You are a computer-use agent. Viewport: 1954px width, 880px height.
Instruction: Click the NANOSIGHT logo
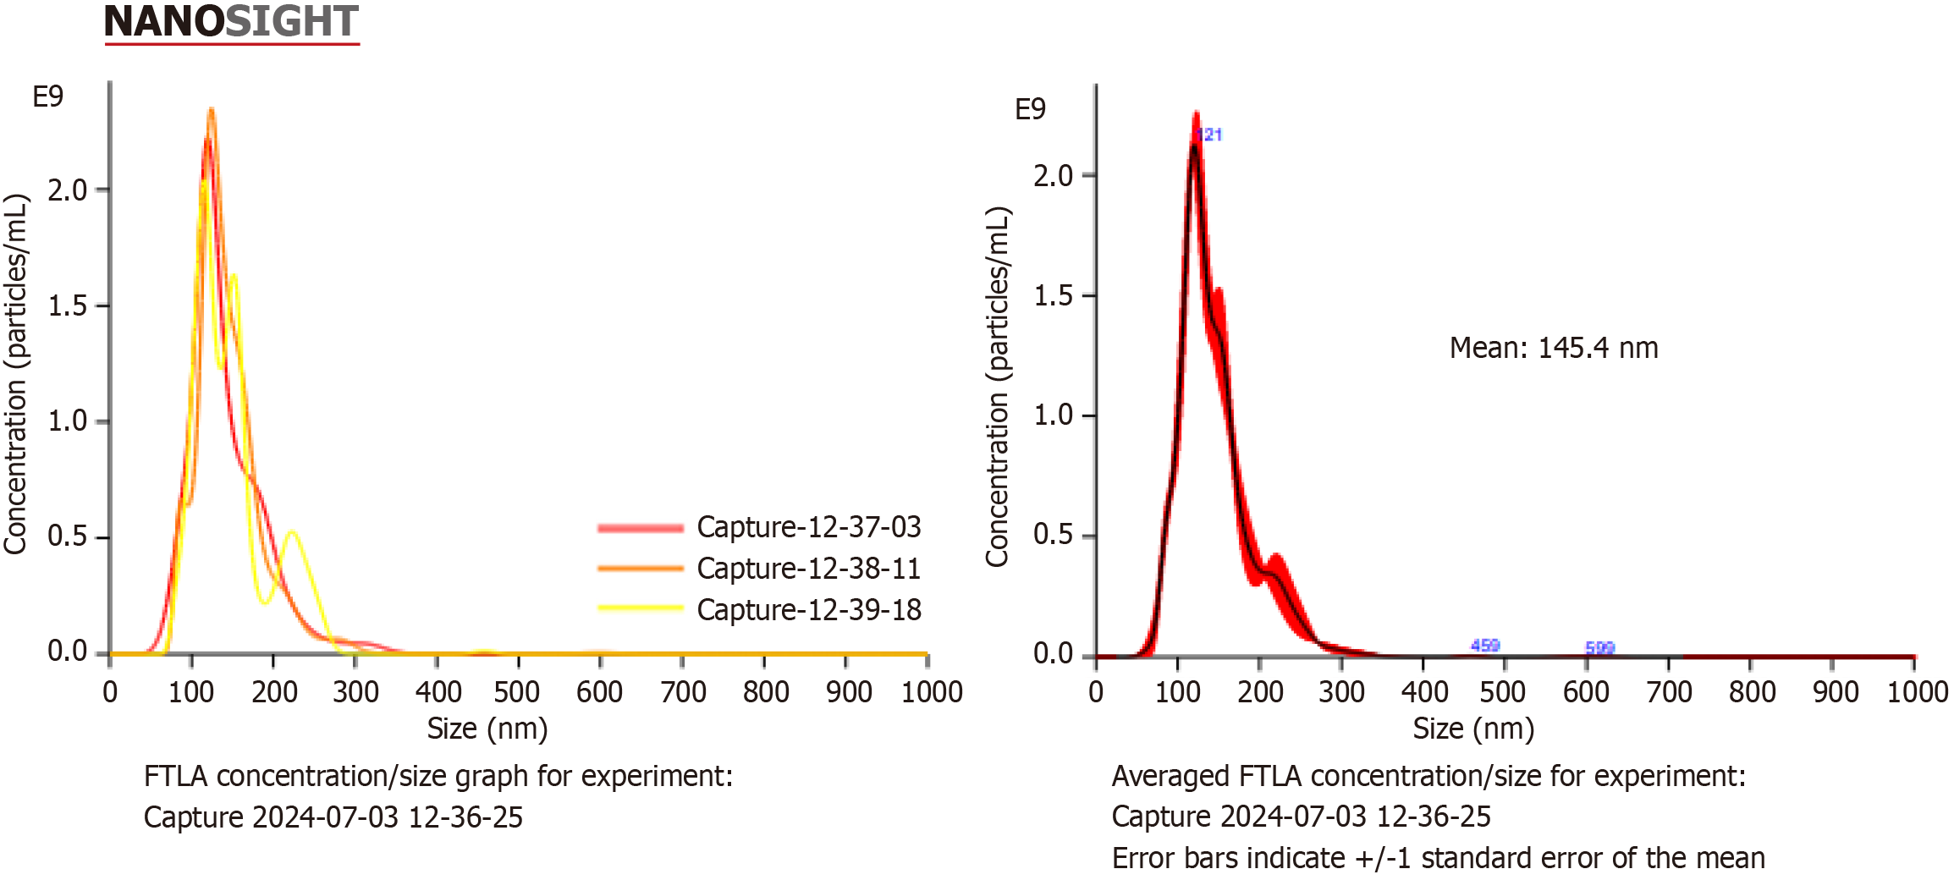tap(231, 22)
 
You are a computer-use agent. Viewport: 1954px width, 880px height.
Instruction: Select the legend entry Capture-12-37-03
tap(808, 527)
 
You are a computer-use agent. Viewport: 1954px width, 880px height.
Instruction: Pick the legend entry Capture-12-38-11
tap(808, 569)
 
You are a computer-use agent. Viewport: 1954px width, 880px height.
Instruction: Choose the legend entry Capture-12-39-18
tap(808, 610)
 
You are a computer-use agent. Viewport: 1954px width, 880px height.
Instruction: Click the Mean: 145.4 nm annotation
tap(1554, 348)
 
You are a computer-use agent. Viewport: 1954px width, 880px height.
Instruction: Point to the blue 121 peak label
tap(1210, 135)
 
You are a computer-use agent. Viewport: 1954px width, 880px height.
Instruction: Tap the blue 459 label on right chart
tap(1485, 646)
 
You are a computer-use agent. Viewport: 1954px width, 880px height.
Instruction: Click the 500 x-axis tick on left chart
tap(517, 692)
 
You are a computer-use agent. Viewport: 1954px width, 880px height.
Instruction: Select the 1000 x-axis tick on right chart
tap(1918, 692)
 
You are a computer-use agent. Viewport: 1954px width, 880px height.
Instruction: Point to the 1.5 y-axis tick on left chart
tap(68, 305)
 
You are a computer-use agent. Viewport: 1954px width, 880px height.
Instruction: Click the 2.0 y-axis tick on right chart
tap(1053, 176)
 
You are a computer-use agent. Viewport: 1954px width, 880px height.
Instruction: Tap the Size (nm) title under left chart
tap(487, 729)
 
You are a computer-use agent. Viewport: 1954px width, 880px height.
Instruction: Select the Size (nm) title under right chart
tap(1473, 729)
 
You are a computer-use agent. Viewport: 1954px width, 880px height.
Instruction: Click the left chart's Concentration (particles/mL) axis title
tap(16, 374)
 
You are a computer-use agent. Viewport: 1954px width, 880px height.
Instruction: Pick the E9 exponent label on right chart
tap(1030, 109)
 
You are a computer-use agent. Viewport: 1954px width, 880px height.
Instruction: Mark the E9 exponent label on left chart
tap(48, 96)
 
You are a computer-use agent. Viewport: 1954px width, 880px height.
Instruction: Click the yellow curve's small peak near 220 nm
tap(292, 532)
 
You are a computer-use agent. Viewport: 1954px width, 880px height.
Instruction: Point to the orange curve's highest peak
tap(211, 110)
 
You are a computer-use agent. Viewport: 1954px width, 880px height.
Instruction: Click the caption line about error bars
tap(1438, 858)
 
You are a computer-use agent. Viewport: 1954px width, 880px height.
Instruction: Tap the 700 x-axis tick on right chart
tap(1670, 692)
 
